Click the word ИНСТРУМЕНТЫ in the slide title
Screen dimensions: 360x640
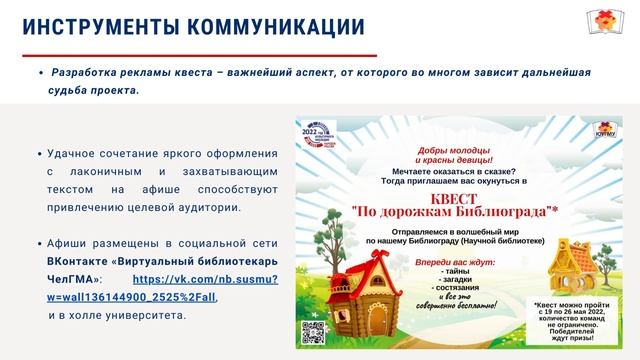(x=92, y=29)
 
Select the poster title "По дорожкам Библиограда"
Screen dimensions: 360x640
(x=460, y=212)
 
